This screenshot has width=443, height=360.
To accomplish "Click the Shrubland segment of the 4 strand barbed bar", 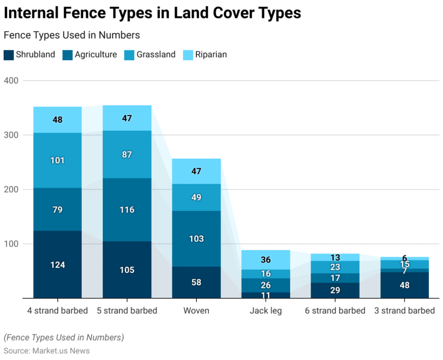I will [57, 265].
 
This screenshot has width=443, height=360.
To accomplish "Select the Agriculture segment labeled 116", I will [127, 210].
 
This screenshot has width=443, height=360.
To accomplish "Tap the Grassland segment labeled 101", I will [57, 160].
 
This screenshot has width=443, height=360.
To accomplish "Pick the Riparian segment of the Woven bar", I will [196, 171].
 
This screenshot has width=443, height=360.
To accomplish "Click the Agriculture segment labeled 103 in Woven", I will [196, 239].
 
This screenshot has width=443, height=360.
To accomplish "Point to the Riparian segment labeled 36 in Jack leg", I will [266, 260].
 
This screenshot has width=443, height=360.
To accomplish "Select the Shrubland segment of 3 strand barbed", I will [405, 285].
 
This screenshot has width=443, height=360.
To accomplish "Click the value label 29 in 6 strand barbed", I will [335, 291].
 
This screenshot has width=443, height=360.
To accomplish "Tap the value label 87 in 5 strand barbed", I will [127, 155].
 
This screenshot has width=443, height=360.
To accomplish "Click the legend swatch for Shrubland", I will [8, 55].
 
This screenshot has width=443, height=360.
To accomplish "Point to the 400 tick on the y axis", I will [11, 81].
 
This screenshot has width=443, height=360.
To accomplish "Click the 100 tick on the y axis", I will [11, 244].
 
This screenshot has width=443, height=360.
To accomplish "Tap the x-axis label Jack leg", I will [266, 310].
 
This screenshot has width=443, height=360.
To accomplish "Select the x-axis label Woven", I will [196, 310].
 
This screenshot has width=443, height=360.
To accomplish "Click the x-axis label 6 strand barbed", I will [335, 310].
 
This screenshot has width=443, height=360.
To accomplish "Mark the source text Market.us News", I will [60, 351].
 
